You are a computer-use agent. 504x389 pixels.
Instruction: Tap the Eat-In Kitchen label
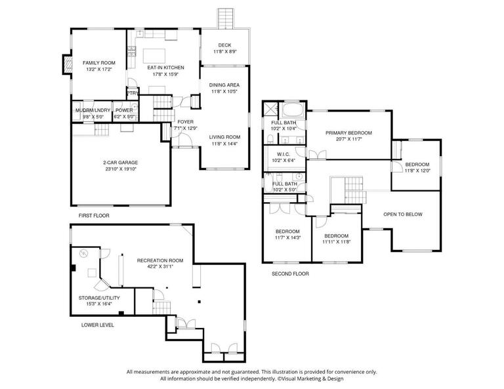165,68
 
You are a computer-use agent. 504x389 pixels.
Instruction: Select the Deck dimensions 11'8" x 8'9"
224,52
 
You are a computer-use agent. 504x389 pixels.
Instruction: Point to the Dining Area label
224,85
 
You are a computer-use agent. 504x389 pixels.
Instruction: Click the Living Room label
224,137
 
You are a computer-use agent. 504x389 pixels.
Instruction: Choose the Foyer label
186,122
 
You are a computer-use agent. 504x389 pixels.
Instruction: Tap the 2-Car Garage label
120,162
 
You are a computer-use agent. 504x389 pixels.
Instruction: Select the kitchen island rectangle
155,54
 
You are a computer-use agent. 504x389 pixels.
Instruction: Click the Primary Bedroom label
348,133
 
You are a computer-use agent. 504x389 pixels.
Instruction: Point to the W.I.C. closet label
283,155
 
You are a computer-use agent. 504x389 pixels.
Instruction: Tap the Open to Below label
403,215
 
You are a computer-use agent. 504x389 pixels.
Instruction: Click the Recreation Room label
160,260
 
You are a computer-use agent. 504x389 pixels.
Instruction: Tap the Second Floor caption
290,273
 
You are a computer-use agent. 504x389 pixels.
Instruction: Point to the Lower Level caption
98,325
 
